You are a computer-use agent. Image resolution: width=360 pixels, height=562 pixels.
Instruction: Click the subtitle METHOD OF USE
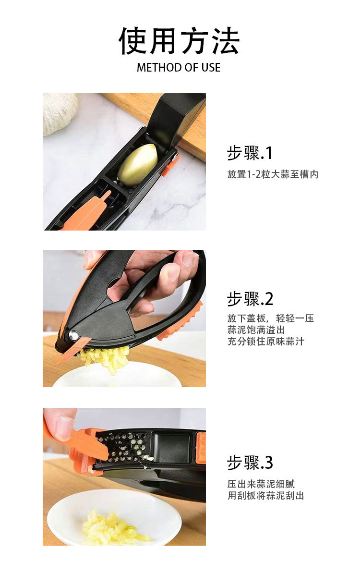coord(179,68)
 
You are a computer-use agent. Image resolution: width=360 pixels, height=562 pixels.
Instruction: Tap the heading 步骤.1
coord(250,153)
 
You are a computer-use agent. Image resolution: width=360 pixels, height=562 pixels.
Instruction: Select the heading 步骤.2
coord(250,299)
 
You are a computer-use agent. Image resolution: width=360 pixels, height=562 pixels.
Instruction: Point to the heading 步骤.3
coord(250,463)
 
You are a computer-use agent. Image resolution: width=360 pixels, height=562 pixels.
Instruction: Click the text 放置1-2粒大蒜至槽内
coord(273,174)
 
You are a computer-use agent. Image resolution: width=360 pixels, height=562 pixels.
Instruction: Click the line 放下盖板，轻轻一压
coord(271,318)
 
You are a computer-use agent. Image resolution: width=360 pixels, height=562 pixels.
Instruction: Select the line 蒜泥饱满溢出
coord(256,330)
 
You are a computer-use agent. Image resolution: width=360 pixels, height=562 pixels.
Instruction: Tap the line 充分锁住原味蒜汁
coord(266,342)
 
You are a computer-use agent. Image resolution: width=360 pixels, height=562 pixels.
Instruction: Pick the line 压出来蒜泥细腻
coord(261,484)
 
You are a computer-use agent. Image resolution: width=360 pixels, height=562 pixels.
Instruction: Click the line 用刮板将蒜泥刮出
coord(266,496)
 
